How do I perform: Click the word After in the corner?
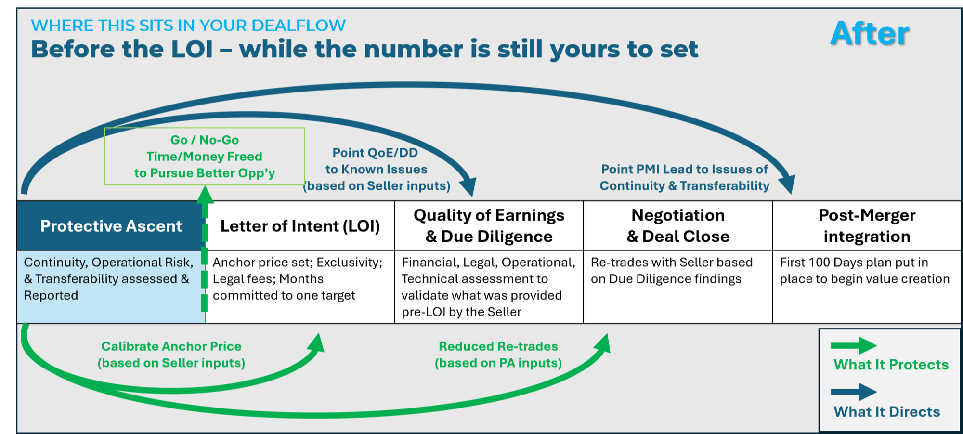coord(870,34)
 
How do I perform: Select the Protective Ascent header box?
coord(111,225)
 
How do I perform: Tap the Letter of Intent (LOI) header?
coord(300,225)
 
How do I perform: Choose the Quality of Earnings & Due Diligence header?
coord(489,225)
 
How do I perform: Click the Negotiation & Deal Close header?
coord(678,225)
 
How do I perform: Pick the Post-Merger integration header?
coord(867,225)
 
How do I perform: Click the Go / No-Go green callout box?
coord(205,156)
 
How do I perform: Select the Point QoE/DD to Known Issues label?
coord(377,169)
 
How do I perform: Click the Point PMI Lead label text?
coord(684,177)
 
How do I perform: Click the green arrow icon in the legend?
coord(854,345)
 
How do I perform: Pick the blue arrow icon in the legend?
coord(854,392)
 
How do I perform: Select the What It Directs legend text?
coord(886,412)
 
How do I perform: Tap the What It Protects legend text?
coord(891,365)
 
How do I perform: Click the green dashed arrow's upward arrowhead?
coord(205,194)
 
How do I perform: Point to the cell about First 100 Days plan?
coord(867,287)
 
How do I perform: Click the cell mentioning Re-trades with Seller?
coord(678,287)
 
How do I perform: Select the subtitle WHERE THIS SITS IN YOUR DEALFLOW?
coord(188,25)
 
